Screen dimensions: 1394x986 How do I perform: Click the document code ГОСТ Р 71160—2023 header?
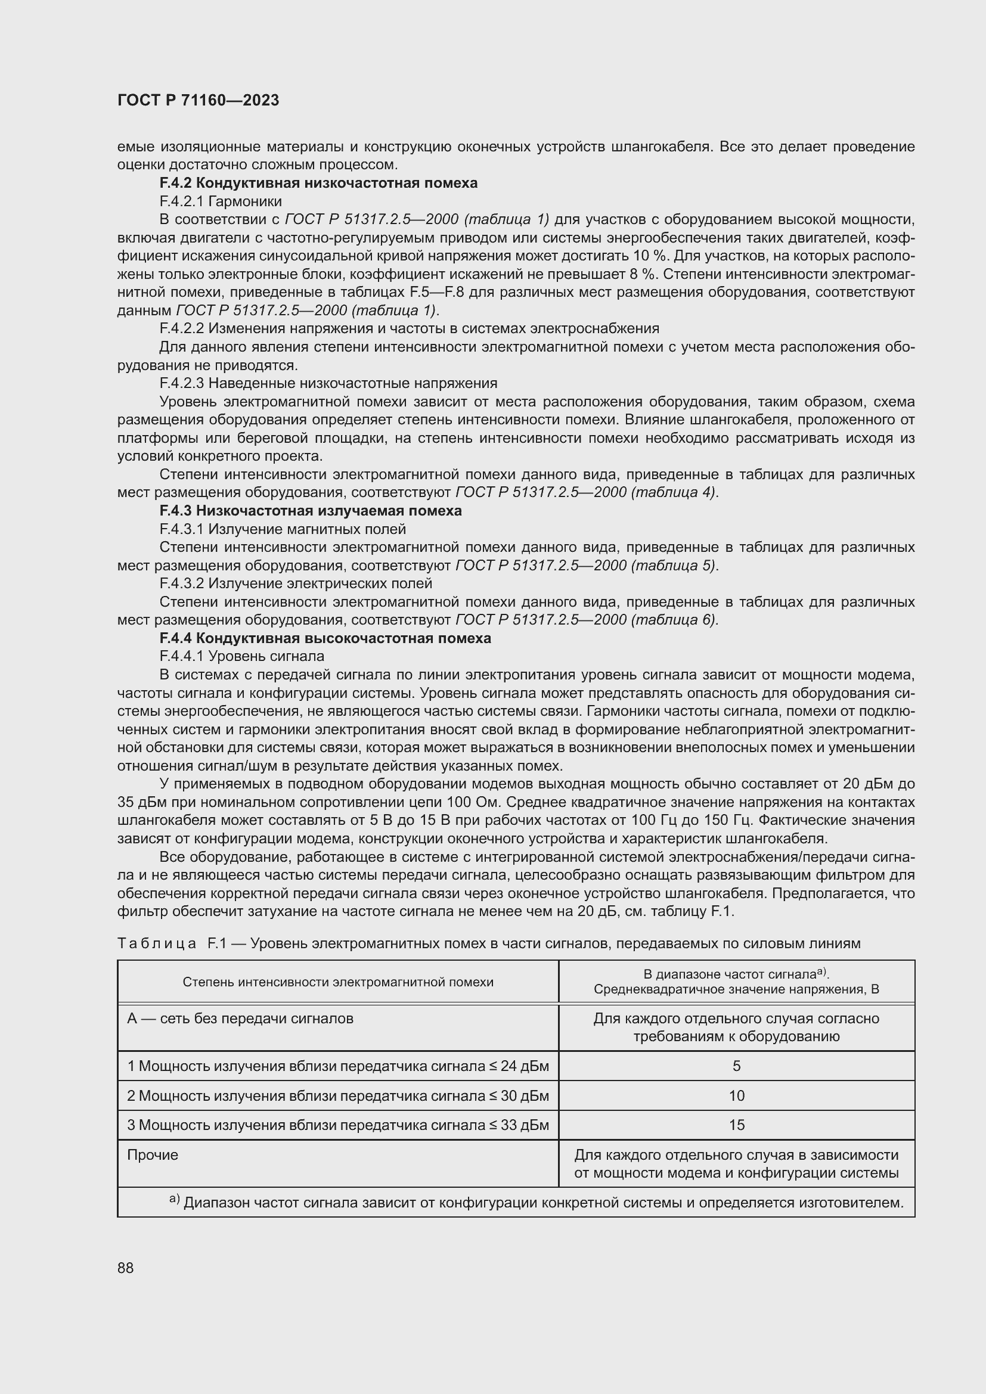pyautogui.click(x=198, y=100)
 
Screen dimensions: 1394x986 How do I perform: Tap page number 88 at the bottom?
pyautogui.click(x=125, y=1268)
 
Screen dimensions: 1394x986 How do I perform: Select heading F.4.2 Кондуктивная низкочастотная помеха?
pyautogui.click(x=318, y=183)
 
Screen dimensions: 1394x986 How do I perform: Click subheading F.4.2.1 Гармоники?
pyautogui.click(x=221, y=201)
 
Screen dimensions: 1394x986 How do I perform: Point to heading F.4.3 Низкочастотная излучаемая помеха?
pyautogui.click(x=310, y=511)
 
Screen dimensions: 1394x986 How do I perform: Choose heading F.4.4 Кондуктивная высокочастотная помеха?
pyautogui.click(x=325, y=638)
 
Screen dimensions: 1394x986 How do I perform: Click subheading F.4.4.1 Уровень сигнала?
pyautogui.click(x=241, y=656)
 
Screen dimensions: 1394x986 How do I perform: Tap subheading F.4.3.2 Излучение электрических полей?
pyautogui.click(x=296, y=583)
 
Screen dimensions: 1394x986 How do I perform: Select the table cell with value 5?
pyautogui.click(x=736, y=1066)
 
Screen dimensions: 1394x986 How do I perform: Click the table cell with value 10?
pyautogui.click(x=736, y=1095)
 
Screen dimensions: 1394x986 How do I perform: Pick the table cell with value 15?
pyautogui.click(x=736, y=1125)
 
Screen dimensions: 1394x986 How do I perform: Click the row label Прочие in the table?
pyautogui.click(x=153, y=1155)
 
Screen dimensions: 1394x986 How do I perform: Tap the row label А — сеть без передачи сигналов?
pyautogui.click(x=240, y=1018)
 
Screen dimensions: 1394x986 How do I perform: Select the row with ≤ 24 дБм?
pyautogui.click(x=337, y=1066)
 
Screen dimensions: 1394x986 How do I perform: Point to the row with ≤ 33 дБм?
pyautogui.click(x=337, y=1125)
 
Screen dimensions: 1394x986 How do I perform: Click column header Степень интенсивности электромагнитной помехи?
pyautogui.click(x=337, y=982)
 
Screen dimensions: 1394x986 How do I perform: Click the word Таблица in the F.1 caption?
pyautogui.click(x=157, y=943)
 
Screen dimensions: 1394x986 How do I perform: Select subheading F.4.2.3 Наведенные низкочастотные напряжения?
pyautogui.click(x=328, y=383)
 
